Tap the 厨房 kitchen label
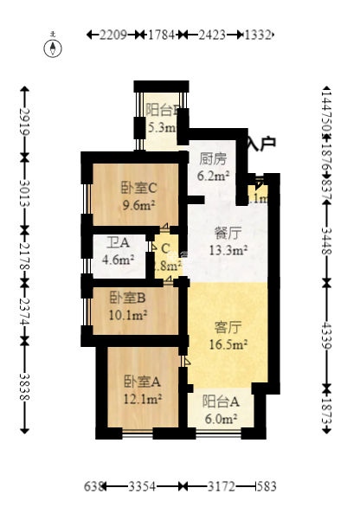click(x=213, y=159)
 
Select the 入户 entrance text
click(x=260, y=144)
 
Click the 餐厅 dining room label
click(x=228, y=233)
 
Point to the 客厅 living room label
click(x=228, y=326)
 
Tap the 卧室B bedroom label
click(x=126, y=297)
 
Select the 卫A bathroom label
click(x=119, y=243)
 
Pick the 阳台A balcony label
click(x=220, y=401)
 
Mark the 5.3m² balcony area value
click(x=162, y=128)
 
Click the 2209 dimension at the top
click(x=113, y=35)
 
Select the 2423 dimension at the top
click(x=213, y=35)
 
